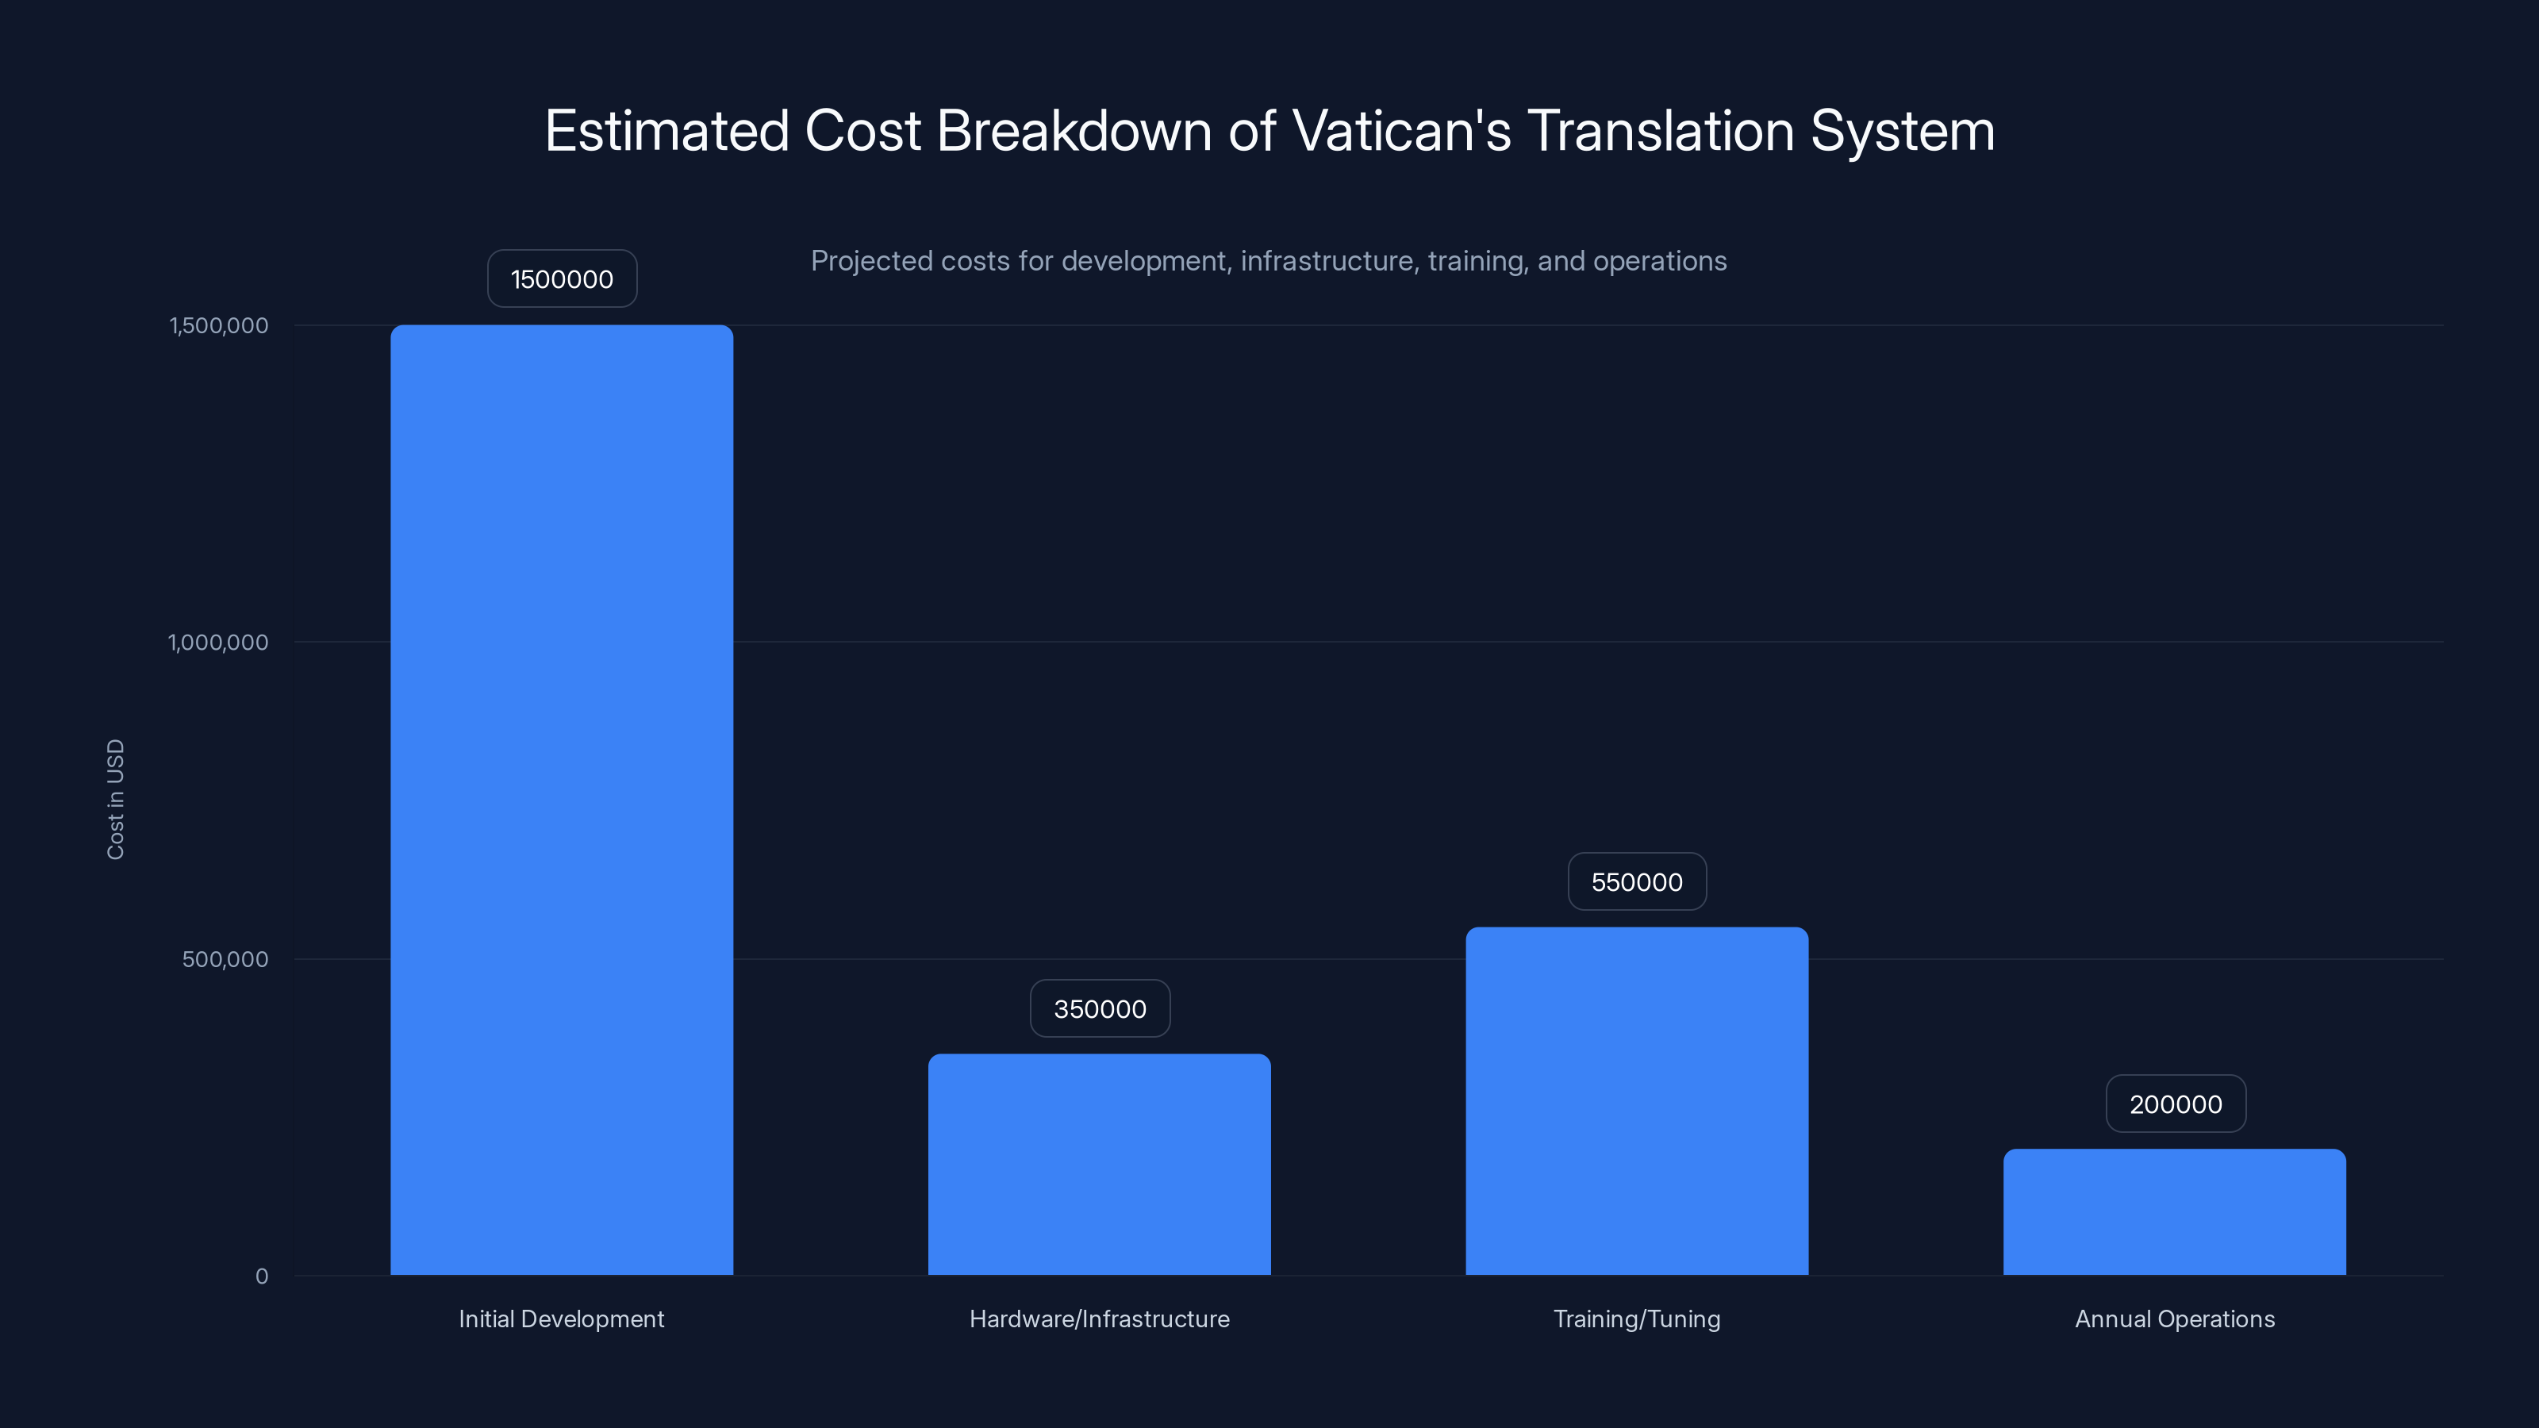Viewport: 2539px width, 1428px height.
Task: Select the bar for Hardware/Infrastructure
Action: pos(1099,1164)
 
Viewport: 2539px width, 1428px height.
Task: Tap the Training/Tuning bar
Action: pos(1636,1101)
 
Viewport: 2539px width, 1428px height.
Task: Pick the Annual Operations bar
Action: pos(2174,1211)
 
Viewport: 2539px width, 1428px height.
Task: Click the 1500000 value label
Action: pos(562,279)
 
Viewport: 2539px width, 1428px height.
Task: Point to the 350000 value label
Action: pos(1100,1009)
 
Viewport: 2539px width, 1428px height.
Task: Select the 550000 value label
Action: pos(1637,882)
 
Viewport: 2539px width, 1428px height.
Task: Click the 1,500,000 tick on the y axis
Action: pos(219,325)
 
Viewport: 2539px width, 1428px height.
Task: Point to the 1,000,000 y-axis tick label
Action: pos(218,643)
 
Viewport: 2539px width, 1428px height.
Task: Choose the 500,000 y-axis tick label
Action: pos(225,959)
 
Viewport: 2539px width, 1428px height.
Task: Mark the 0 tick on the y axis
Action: pos(261,1276)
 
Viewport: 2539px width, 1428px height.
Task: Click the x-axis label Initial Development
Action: pos(561,1319)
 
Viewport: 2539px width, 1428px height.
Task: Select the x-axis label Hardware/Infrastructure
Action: pos(1099,1319)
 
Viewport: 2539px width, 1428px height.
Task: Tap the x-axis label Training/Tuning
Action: pos(1636,1319)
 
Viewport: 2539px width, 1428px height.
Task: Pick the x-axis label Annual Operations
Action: pos(2174,1319)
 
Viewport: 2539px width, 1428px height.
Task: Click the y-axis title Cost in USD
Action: pos(115,799)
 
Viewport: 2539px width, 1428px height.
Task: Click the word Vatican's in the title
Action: pos(1400,131)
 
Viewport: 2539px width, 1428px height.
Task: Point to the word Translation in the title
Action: pos(1661,131)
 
